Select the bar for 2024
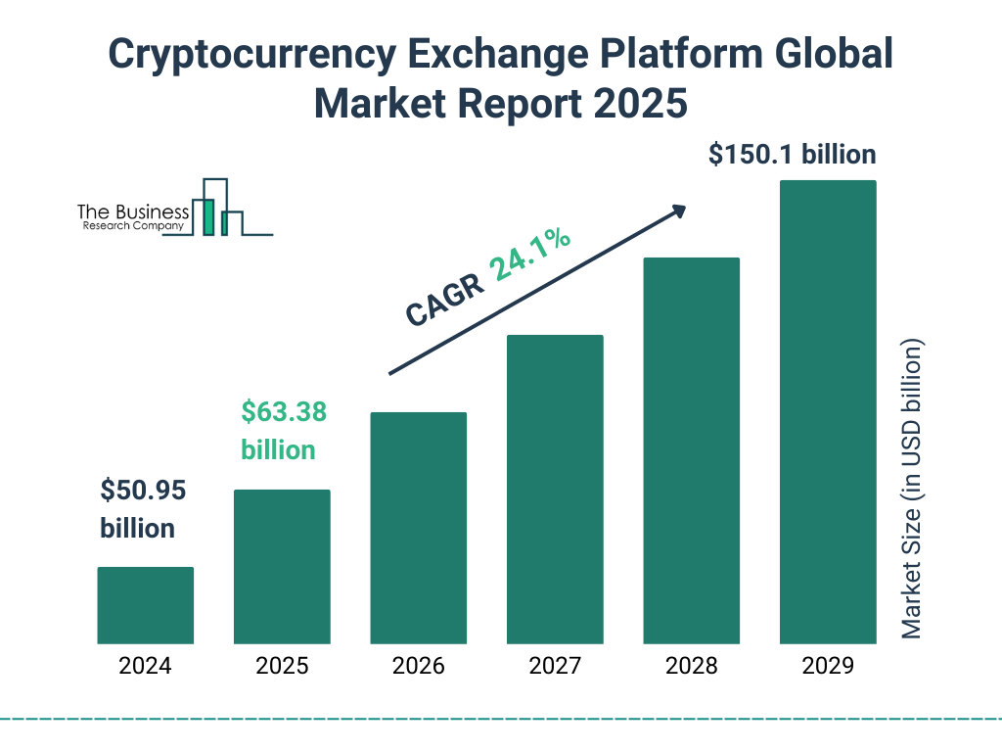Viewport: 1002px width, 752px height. [x=145, y=605]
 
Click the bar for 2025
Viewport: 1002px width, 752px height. [x=282, y=566]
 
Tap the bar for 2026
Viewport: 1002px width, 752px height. [x=418, y=528]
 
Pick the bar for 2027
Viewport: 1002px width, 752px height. [x=555, y=489]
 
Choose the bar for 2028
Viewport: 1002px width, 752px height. [x=691, y=450]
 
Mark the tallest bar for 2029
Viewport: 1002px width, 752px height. [x=828, y=411]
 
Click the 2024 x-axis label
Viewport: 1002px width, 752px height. [x=145, y=667]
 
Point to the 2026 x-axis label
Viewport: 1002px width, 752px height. [x=418, y=667]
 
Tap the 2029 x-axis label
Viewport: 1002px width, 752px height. [x=828, y=667]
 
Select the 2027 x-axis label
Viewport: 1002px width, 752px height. [x=555, y=667]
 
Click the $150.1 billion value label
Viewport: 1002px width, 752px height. [x=793, y=155]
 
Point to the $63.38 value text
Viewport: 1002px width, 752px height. [x=284, y=412]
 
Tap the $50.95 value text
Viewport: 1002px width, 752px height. [x=143, y=490]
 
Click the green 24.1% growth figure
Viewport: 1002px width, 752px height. [x=530, y=255]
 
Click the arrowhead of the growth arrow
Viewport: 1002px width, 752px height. [x=678, y=211]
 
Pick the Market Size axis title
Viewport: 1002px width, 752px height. [x=912, y=489]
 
